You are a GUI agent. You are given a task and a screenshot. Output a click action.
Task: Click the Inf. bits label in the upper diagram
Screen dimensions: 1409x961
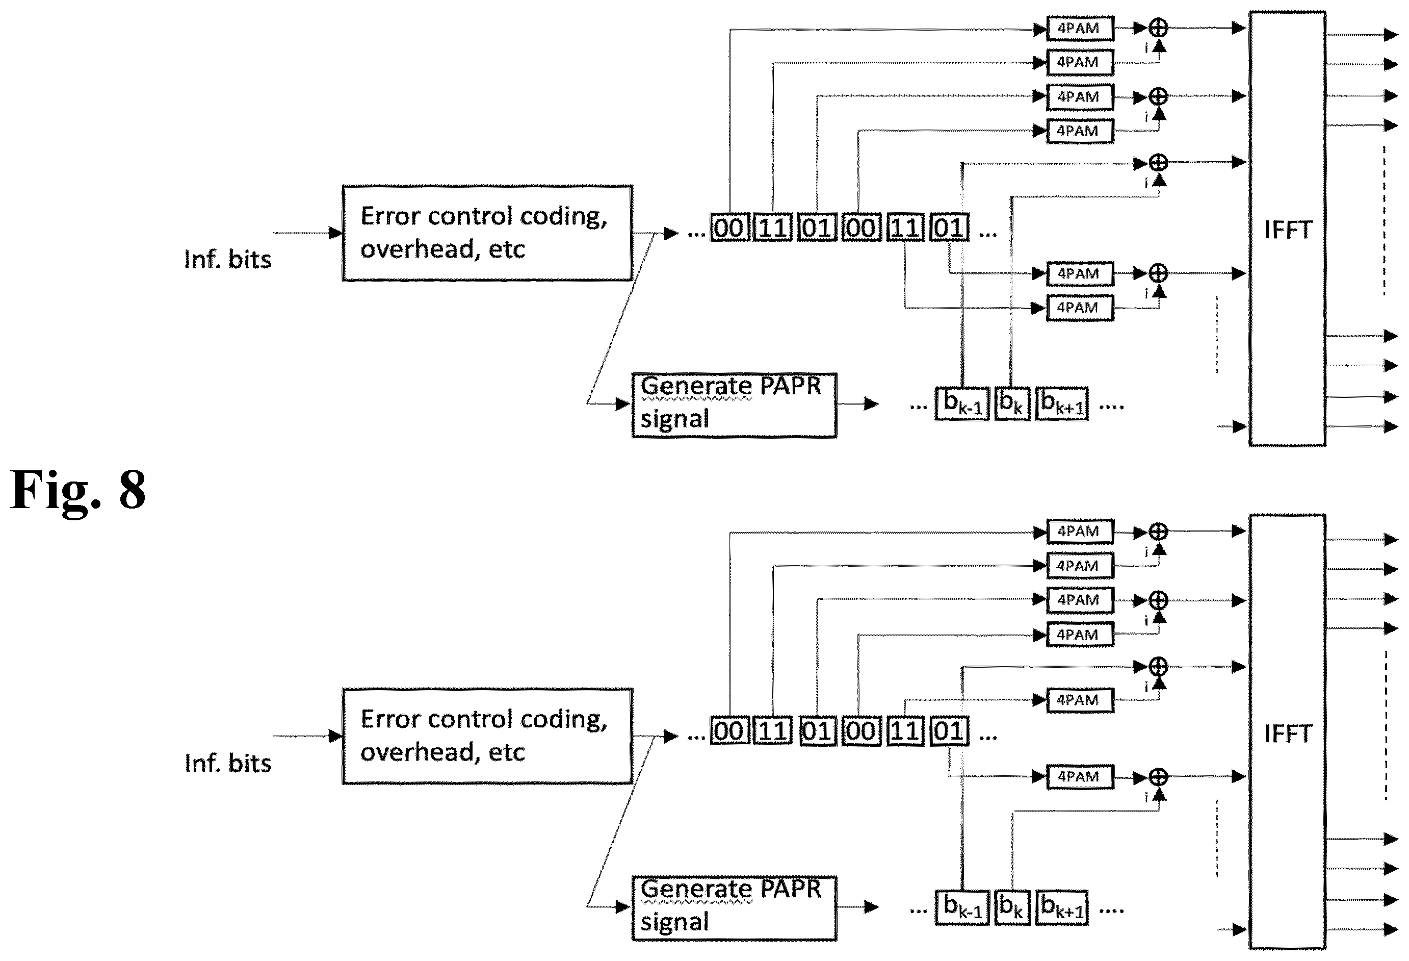(227, 260)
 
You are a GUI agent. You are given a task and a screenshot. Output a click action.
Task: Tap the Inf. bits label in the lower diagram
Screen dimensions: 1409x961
(227, 763)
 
